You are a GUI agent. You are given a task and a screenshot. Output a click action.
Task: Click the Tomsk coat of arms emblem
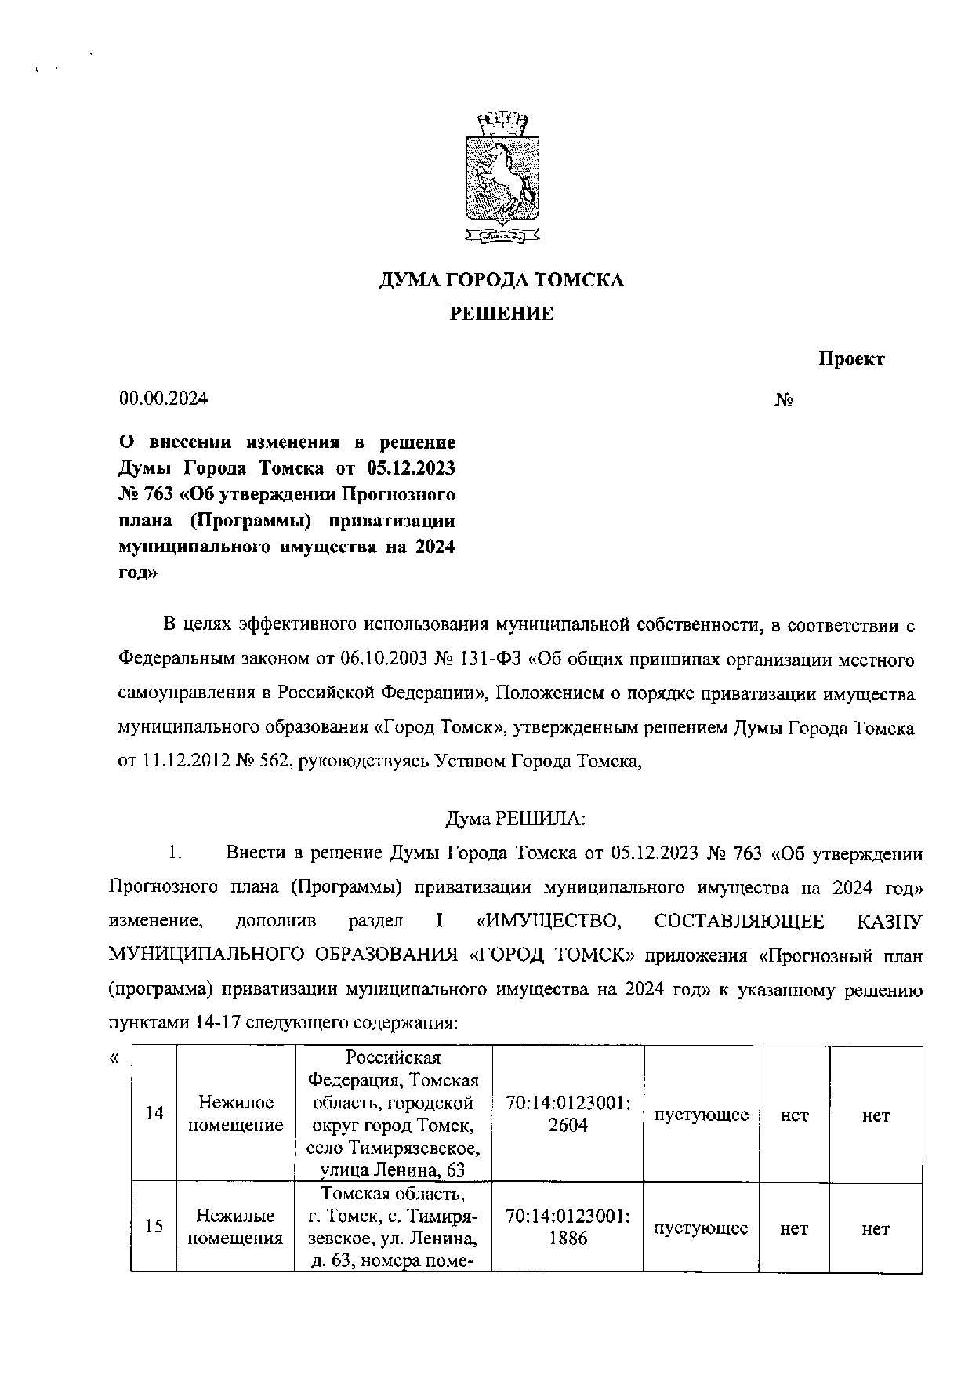point(502,176)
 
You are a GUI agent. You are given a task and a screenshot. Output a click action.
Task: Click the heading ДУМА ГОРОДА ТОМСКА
point(502,280)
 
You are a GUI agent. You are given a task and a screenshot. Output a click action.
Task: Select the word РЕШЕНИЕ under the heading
point(502,315)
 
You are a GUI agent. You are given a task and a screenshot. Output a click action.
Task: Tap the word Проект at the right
point(851,359)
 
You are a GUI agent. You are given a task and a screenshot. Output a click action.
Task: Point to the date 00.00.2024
point(163,398)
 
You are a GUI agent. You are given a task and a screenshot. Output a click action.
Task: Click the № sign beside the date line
point(785,400)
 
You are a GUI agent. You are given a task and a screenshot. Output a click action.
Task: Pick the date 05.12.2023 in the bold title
point(410,468)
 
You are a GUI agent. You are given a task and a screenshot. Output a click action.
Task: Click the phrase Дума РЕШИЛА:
point(516,819)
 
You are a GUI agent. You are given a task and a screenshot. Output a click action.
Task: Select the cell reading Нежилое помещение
point(236,1114)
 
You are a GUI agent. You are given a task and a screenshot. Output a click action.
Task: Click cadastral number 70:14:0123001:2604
point(568,1114)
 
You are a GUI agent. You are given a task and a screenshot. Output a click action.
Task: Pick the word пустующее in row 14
point(702,1115)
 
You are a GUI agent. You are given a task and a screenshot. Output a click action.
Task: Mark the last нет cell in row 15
point(876,1229)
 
